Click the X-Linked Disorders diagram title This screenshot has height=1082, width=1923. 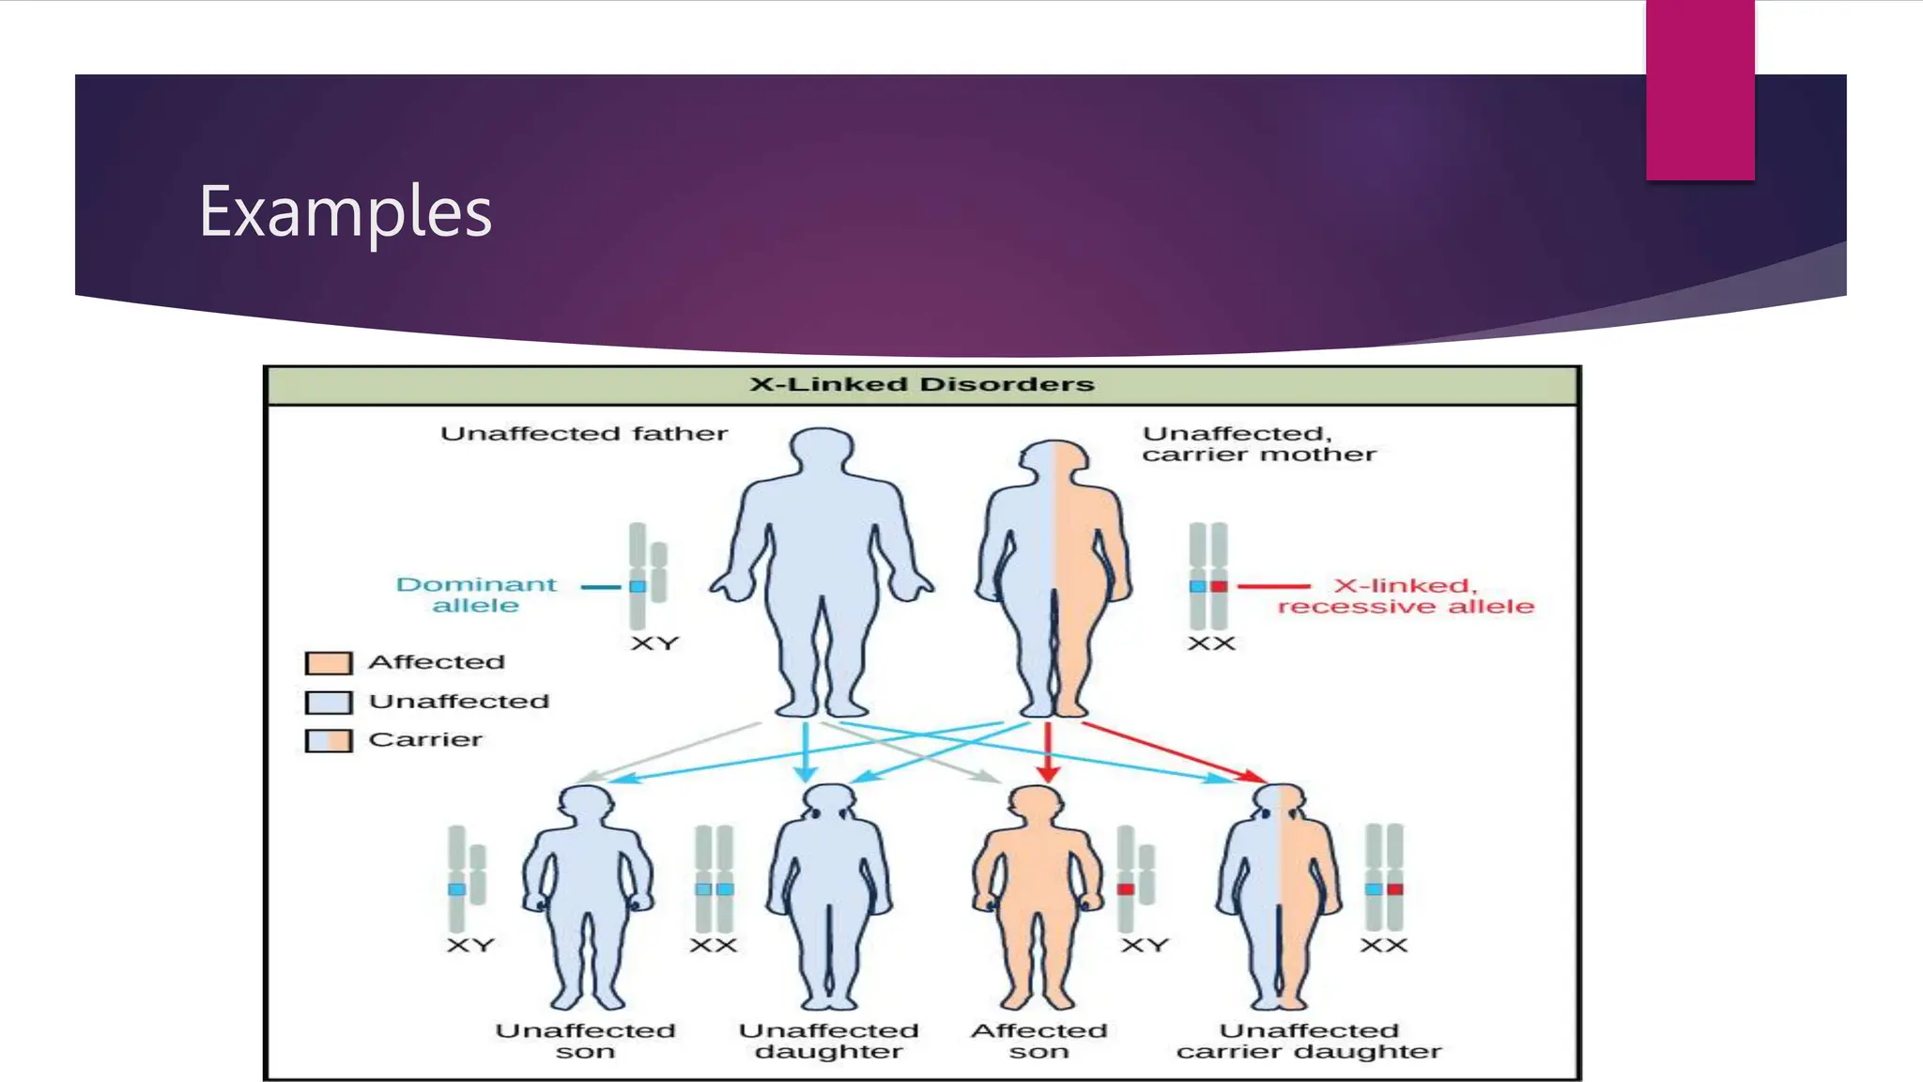click(x=921, y=384)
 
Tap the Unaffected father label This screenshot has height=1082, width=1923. click(x=584, y=434)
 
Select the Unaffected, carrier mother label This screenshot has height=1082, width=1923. click(x=1258, y=444)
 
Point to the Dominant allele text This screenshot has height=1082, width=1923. click(x=476, y=595)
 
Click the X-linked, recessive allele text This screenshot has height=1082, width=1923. click(x=1405, y=596)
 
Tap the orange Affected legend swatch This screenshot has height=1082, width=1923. click(x=329, y=663)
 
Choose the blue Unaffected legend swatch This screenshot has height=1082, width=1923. click(x=329, y=703)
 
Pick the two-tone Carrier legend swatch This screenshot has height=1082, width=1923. click(x=329, y=741)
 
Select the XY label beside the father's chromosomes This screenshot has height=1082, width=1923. click(x=654, y=644)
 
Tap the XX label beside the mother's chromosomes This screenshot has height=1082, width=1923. click(x=1211, y=644)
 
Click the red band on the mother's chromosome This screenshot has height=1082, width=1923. click(x=1219, y=586)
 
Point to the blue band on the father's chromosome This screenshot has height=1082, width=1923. click(x=638, y=586)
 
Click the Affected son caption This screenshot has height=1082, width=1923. click(x=1038, y=1042)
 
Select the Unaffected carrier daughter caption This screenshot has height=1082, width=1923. click(x=1309, y=1042)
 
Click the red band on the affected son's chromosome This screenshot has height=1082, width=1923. click(x=1126, y=889)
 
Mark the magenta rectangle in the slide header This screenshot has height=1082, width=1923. click(x=1700, y=90)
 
